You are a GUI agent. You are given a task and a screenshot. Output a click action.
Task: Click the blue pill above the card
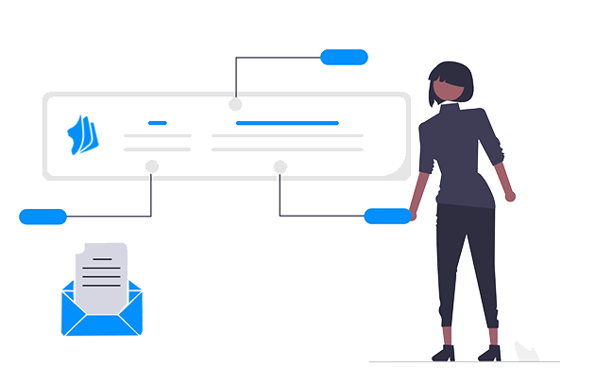[x=344, y=57]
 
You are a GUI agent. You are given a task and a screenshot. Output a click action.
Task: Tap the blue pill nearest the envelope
[x=42, y=217]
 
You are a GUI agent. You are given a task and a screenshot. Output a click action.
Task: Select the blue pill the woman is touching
[x=386, y=217]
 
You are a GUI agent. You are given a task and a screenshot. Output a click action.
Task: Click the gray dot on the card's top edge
[x=235, y=104]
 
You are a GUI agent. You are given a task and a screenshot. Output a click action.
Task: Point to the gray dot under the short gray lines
[x=151, y=166]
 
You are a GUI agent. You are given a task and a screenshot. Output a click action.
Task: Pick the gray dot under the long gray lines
[x=280, y=166]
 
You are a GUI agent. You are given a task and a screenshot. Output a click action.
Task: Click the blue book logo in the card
[x=83, y=135]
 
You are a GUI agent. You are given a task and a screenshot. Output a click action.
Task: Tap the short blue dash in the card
[x=158, y=123]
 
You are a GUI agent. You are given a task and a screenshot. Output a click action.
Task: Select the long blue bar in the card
[x=287, y=123]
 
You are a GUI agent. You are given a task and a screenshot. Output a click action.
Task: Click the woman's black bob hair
[x=450, y=74]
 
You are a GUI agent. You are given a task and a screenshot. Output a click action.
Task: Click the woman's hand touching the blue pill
[x=413, y=215]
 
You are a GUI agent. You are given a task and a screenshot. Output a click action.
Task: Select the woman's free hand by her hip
[x=510, y=196]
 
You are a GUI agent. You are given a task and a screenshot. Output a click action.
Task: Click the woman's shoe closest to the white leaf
[x=488, y=353]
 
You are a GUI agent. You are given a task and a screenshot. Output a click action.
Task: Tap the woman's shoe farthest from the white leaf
[x=443, y=353]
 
